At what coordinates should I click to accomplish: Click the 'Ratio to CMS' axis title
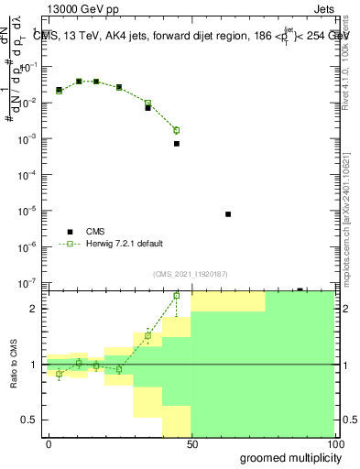point(15,364)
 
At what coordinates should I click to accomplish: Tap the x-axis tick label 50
point(191,442)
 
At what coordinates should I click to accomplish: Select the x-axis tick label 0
point(49,442)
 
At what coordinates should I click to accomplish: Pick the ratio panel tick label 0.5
point(30,420)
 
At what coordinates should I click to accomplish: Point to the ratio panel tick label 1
point(34,365)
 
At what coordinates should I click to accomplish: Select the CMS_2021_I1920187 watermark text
point(191,274)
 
